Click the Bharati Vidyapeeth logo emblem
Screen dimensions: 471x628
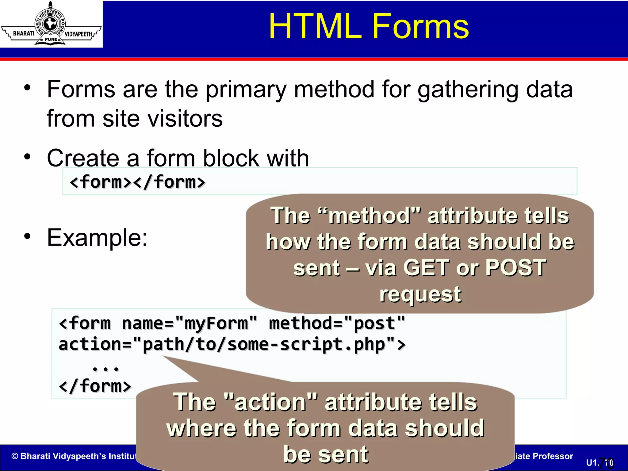[51, 24]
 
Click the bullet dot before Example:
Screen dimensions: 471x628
[28, 236]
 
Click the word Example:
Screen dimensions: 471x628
[97, 238]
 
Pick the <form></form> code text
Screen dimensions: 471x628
[137, 182]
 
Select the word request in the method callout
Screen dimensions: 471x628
[420, 294]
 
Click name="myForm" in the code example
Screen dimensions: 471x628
[190, 323]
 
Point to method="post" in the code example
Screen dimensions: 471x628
[337, 323]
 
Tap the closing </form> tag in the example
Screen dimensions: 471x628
[95, 386]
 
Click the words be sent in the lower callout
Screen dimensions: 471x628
[326, 454]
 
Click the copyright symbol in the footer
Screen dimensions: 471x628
[15, 456]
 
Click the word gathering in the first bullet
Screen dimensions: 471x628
[468, 90]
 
